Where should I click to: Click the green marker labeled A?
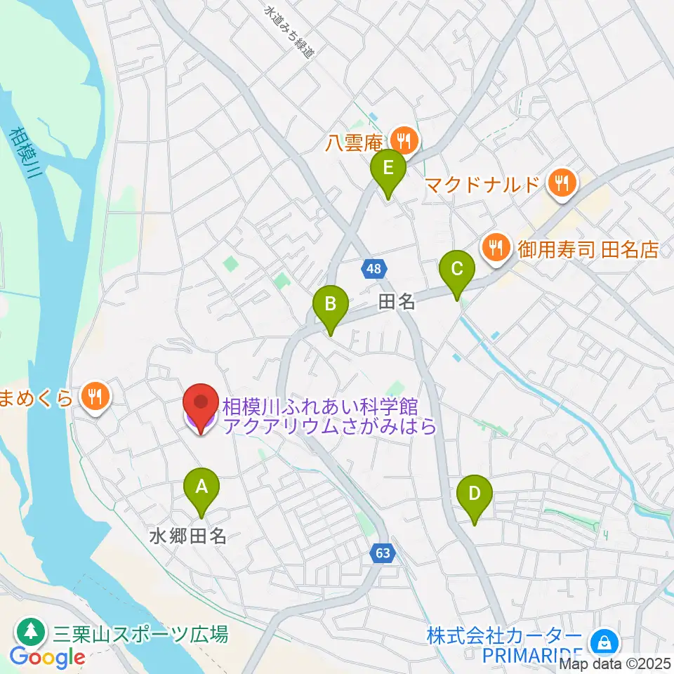(201, 487)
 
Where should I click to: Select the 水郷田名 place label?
(188, 537)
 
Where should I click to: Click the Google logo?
(47, 658)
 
